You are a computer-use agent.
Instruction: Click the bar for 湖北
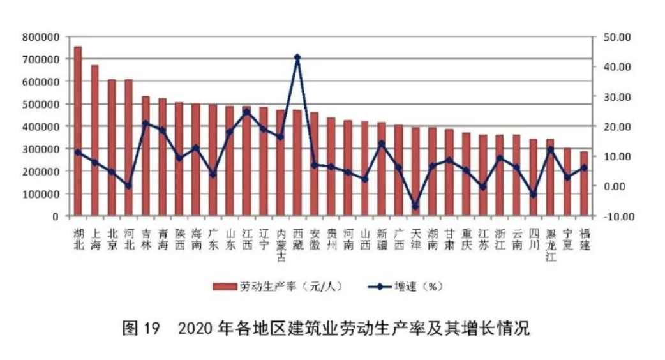click(x=78, y=131)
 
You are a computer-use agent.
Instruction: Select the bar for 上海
click(x=94, y=140)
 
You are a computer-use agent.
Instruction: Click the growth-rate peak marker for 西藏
click(x=297, y=57)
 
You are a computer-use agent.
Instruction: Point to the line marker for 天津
click(x=415, y=206)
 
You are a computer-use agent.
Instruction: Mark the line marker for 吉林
click(x=146, y=123)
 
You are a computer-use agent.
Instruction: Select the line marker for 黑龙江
click(x=549, y=149)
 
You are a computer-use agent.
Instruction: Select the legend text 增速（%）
click(x=419, y=287)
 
